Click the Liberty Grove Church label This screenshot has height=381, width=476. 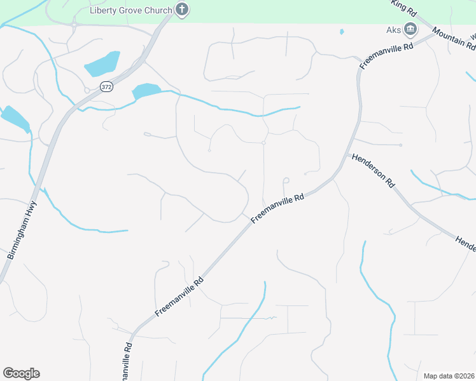click(x=130, y=10)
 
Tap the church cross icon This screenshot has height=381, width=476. click(x=183, y=10)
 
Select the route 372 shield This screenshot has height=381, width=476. click(x=106, y=86)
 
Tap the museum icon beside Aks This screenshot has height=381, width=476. click(x=410, y=29)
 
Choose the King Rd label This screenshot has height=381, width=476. click(x=403, y=8)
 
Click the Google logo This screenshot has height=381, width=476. click(x=21, y=373)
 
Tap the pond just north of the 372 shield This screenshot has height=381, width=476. click(x=102, y=63)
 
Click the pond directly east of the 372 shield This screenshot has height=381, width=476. click(x=146, y=91)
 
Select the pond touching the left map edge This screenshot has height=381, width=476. click(x=14, y=117)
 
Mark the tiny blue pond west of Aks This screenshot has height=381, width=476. click(x=342, y=31)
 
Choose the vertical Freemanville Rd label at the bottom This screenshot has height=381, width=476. click(x=128, y=361)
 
